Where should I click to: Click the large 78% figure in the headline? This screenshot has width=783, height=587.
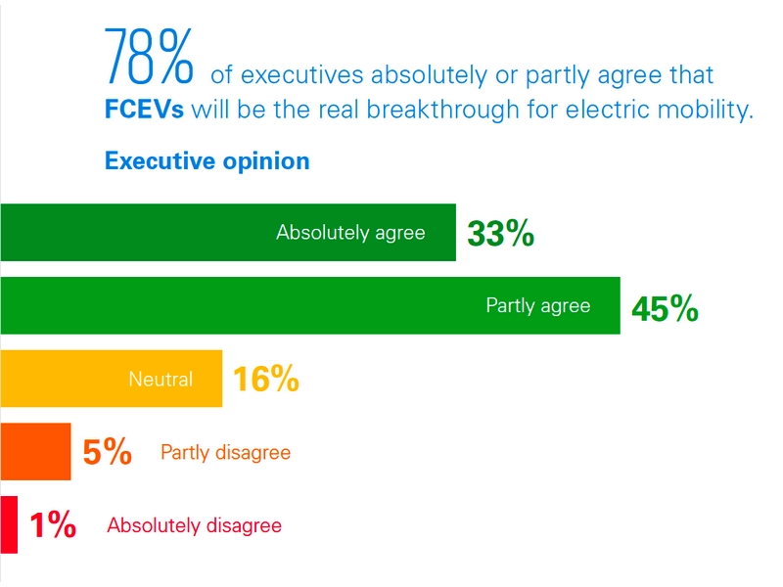tap(150, 59)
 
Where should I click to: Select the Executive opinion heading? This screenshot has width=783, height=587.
tap(207, 160)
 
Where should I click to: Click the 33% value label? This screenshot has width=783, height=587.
tap(500, 234)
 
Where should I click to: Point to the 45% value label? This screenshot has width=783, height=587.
tap(665, 308)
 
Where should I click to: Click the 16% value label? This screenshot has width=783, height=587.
tap(265, 379)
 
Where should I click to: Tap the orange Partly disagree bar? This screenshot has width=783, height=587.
tap(35, 452)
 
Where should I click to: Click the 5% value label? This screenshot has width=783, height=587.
tap(107, 452)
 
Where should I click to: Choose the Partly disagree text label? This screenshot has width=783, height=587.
tap(225, 453)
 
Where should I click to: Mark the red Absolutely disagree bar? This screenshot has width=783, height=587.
tap(8, 524)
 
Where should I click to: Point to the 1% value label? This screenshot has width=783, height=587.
tap(53, 525)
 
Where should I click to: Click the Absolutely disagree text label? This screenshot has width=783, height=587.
tap(194, 525)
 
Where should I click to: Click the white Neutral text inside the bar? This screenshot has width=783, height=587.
tap(161, 379)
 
